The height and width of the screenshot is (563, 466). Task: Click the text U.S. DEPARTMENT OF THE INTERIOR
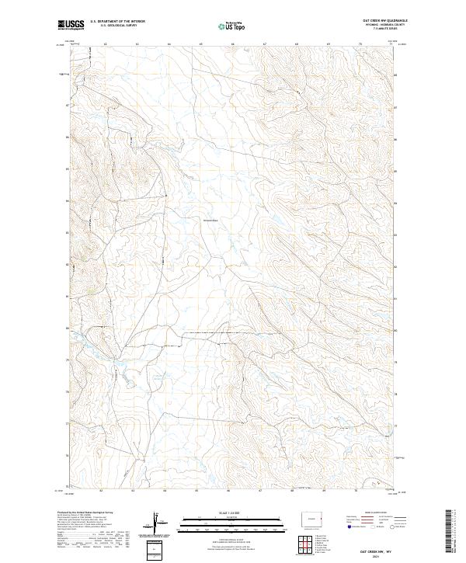117,22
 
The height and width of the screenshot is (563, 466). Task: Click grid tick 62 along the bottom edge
103,491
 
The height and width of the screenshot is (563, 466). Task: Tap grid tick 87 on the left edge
67,106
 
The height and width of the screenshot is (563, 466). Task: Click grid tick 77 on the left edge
67,424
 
